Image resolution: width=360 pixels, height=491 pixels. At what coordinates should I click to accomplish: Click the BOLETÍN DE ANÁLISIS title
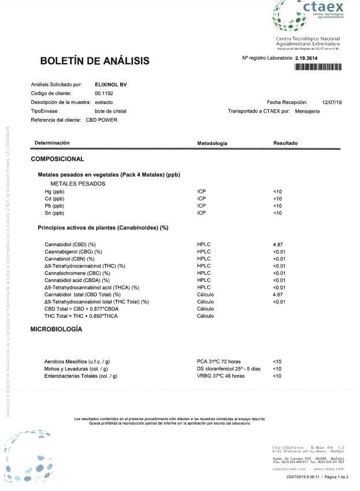94,61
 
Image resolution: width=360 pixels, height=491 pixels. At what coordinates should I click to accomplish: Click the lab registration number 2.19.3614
306,58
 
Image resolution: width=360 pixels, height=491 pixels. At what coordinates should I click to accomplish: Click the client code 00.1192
104,94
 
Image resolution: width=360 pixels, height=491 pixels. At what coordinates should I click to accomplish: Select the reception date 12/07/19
332,102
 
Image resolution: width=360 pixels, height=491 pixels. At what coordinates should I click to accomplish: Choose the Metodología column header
212,143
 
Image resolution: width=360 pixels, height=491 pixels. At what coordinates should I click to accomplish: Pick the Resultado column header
285,143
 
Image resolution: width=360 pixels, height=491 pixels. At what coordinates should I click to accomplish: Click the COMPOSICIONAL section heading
57,159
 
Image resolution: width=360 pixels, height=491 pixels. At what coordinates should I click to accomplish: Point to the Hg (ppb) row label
55,191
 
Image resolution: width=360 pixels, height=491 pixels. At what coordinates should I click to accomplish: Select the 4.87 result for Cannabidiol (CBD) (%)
277,245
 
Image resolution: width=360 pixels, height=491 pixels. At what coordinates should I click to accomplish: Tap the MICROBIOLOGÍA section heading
56,329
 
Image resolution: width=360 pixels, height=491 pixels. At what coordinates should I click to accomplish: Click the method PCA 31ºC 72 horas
221,362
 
